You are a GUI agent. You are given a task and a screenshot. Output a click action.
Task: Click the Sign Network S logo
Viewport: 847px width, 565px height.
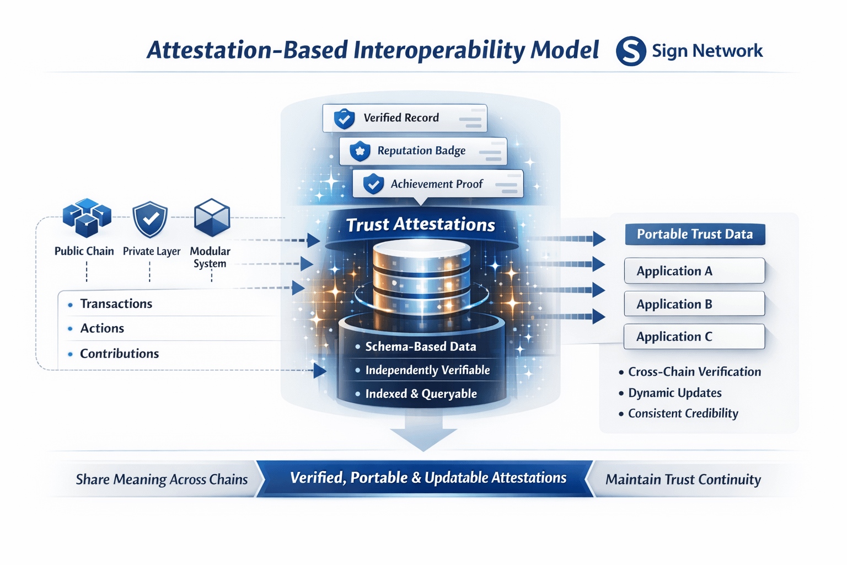point(631,51)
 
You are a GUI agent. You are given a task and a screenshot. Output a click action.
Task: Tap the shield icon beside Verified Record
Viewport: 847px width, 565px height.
point(344,119)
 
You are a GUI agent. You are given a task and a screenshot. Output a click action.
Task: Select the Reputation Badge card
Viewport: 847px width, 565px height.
point(423,151)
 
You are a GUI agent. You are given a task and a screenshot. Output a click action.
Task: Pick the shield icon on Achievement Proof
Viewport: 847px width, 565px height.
point(373,184)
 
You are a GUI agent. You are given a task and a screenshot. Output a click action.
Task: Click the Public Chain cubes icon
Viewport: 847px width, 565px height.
point(87,217)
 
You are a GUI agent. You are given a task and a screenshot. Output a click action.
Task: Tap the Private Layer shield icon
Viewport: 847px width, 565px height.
point(150,219)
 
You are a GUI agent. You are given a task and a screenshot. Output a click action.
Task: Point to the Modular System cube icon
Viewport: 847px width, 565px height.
point(212,217)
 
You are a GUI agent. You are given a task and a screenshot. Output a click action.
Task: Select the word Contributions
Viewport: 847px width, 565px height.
point(120,354)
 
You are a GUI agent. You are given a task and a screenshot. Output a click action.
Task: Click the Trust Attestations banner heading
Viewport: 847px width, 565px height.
point(421,225)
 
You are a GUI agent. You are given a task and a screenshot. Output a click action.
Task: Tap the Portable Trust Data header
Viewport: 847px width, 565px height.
point(695,234)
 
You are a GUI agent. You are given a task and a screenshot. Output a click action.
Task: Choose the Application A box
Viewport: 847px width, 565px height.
point(694,270)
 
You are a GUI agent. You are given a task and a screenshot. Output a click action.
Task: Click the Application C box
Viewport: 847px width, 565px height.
point(694,337)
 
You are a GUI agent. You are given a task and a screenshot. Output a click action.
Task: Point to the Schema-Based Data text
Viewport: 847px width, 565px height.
point(421,347)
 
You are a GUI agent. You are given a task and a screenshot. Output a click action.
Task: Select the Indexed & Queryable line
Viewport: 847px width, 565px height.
point(416,394)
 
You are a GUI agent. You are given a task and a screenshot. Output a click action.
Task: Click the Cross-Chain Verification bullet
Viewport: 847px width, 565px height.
point(690,372)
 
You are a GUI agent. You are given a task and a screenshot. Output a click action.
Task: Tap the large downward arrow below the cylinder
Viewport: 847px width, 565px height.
point(423,431)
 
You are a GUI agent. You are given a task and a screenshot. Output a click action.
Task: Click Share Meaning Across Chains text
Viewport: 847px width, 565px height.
point(162,479)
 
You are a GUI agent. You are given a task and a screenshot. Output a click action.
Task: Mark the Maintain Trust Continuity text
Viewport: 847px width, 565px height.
point(683,479)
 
